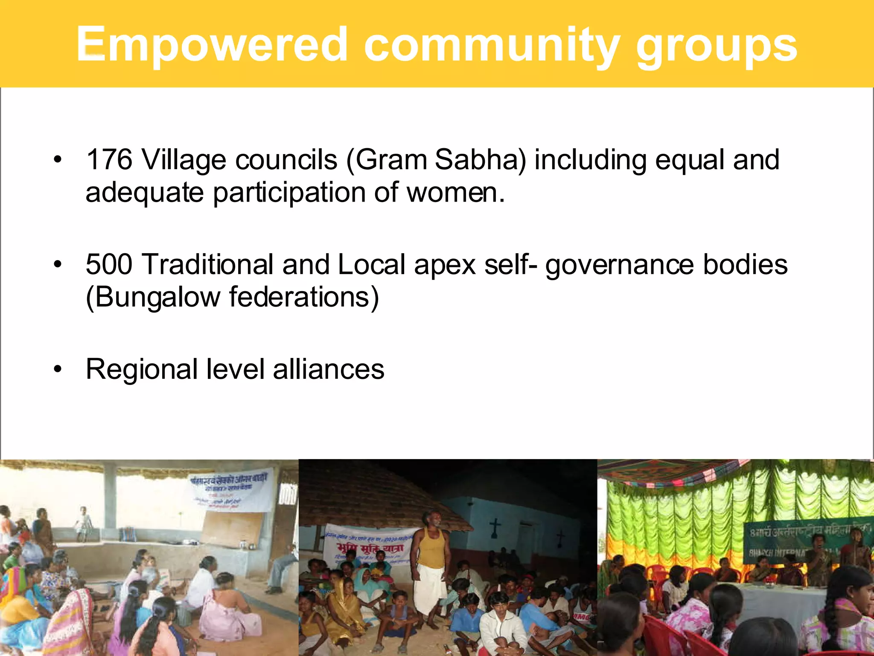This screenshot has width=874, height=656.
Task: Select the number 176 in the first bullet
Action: tap(109, 160)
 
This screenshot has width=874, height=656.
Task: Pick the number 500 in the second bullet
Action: tap(109, 264)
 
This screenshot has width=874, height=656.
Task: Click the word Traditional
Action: tap(207, 264)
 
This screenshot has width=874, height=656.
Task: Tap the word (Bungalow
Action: tap(153, 297)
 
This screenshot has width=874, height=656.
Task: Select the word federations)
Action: tap(304, 297)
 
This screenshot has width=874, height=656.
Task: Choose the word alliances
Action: tap(329, 369)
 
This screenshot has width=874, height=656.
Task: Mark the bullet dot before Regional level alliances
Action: tap(58, 369)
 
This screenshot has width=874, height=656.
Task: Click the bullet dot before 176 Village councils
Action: tap(58, 160)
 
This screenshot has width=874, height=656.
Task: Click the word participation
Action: tap(289, 193)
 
